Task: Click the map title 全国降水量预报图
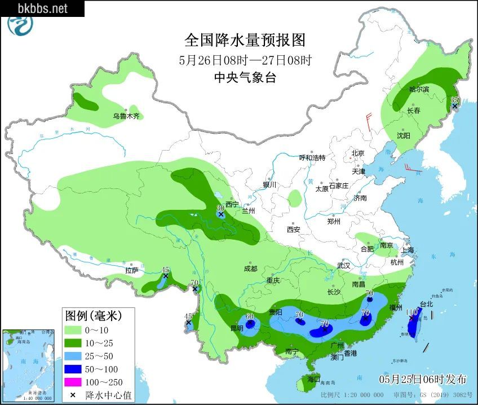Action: click(x=245, y=40)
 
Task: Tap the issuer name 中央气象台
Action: click(x=245, y=78)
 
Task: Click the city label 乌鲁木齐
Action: click(x=126, y=116)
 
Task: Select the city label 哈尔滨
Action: click(x=419, y=89)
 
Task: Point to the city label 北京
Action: click(x=358, y=153)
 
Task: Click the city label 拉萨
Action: click(x=132, y=271)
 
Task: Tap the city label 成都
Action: click(x=251, y=269)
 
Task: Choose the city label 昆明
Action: click(x=237, y=328)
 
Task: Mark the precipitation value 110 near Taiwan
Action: click(x=411, y=311)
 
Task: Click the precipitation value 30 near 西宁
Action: click(x=221, y=208)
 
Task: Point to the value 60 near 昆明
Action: click(x=250, y=316)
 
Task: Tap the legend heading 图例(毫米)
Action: click(x=92, y=315)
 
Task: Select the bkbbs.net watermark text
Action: click(x=42, y=8)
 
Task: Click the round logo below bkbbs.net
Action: click(x=20, y=25)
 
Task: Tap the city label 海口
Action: click(x=313, y=378)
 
